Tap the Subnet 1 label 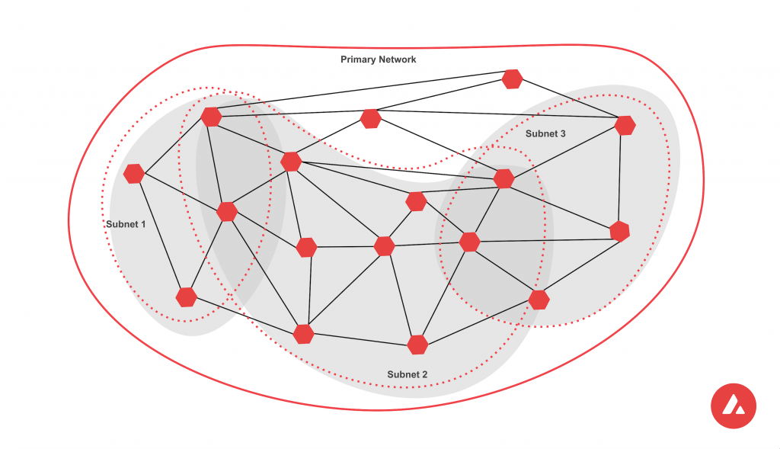pyautogui.click(x=126, y=224)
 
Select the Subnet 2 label pyautogui.click(x=408, y=374)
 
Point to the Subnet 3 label pyautogui.click(x=545, y=133)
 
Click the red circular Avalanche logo pyautogui.click(x=733, y=406)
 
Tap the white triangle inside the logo pyautogui.click(x=733, y=405)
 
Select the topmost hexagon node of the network pyautogui.click(x=512, y=79)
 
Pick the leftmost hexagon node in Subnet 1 pyautogui.click(x=134, y=174)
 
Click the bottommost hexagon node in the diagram pyautogui.click(x=417, y=345)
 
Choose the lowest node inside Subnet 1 pyautogui.click(x=186, y=297)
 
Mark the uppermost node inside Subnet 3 pyautogui.click(x=625, y=125)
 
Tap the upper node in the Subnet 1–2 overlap pyautogui.click(x=211, y=117)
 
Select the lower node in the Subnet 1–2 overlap pyautogui.click(x=227, y=211)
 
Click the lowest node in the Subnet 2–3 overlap pyautogui.click(x=539, y=300)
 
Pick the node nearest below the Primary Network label pyautogui.click(x=371, y=118)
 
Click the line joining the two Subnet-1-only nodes pyautogui.click(x=160, y=235)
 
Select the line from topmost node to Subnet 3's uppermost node pyautogui.click(x=568, y=101)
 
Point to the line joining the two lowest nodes pyautogui.click(x=360, y=339)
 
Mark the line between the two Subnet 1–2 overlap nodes pyautogui.click(x=219, y=164)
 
